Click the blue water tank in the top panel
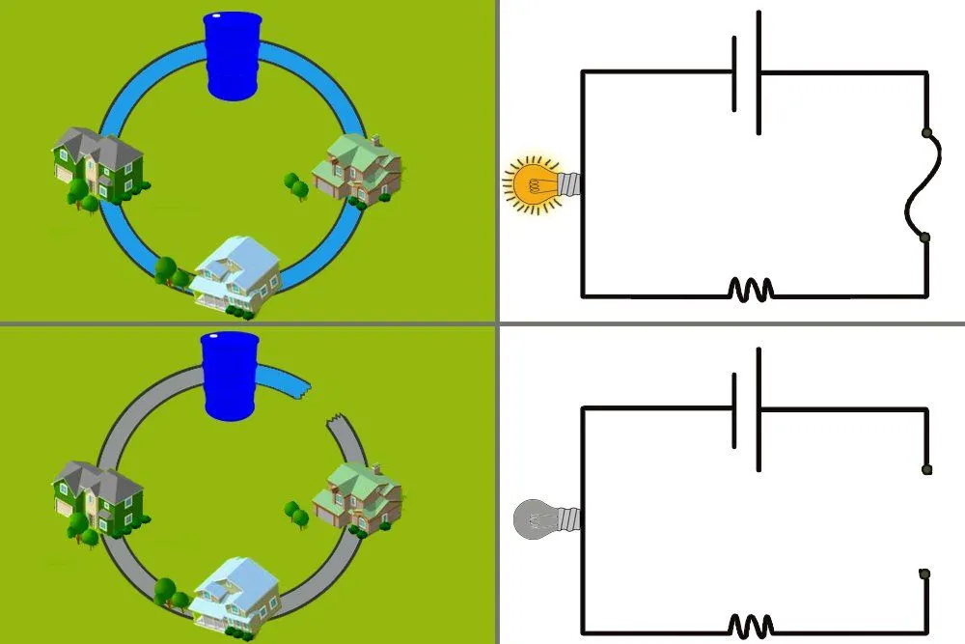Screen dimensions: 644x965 tap(233, 56)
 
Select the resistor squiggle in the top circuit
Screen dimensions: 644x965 tap(750, 289)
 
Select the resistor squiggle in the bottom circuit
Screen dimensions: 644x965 tap(750, 625)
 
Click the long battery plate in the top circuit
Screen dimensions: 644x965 tap(758, 72)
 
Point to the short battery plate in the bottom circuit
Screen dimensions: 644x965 tap(734, 409)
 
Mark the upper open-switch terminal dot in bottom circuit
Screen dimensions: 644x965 tap(926, 469)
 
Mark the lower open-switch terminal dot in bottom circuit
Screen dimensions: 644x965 tap(924, 574)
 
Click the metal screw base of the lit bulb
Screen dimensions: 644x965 tap(570, 182)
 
